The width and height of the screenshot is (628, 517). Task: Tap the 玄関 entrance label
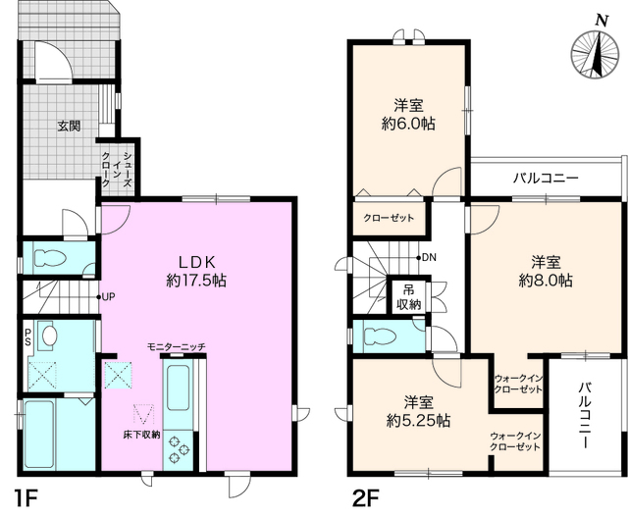[x=70, y=126]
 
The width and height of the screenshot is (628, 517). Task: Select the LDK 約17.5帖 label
[x=196, y=271]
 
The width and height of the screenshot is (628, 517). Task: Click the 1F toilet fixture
[x=50, y=258]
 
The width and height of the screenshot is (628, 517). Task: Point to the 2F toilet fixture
[x=380, y=336]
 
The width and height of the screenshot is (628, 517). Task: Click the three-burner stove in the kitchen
[x=179, y=449]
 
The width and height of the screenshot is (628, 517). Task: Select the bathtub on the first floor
[x=39, y=435]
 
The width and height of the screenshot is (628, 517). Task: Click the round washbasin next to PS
[x=48, y=336]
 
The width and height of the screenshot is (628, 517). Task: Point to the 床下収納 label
[x=141, y=435]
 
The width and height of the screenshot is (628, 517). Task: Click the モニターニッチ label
[x=177, y=346]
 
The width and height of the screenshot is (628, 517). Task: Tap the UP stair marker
[x=106, y=296]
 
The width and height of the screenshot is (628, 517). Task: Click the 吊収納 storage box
[x=409, y=296]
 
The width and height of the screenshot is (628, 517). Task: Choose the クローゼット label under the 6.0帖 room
[x=389, y=218]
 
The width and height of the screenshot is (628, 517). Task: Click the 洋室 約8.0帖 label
[x=546, y=272]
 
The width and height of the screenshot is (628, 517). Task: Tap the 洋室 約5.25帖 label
[x=418, y=411]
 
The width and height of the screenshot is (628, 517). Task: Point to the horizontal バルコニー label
[x=546, y=178]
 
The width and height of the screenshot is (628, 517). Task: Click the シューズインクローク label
[x=117, y=169]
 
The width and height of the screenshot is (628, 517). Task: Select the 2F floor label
[x=365, y=498]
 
